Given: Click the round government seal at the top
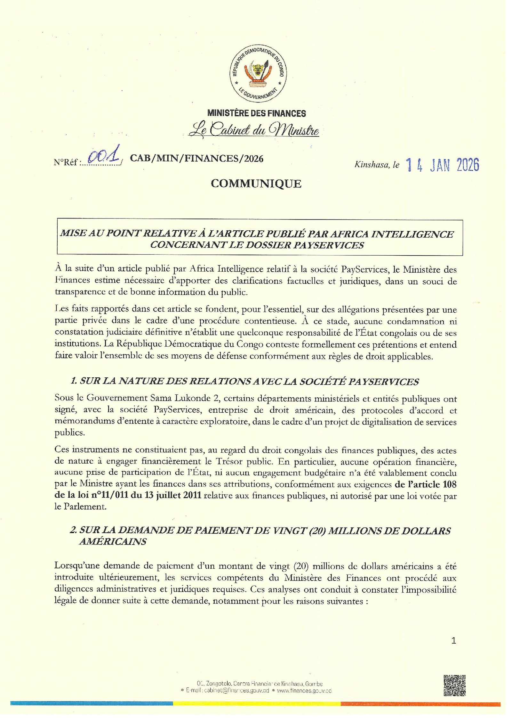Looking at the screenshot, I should click(x=258, y=73).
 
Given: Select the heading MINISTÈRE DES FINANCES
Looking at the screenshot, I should click(x=256, y=113).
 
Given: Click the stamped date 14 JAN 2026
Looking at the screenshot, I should click(x=442, y=165).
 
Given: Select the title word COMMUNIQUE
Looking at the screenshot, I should click(x=256, y=184).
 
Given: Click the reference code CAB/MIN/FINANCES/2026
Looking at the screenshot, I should click(x=196, y=159).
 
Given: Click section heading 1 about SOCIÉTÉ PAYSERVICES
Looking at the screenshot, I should click(x=245, y=382).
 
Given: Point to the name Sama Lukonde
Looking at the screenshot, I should click(x=177, y=398).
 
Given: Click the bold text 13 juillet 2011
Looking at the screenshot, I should click(x=173, y=495).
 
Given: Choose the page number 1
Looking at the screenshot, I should click(x=453, y=640).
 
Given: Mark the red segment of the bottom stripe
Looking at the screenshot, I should click(x=420, y=704).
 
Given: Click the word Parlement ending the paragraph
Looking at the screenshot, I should click(x=84, y=507).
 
